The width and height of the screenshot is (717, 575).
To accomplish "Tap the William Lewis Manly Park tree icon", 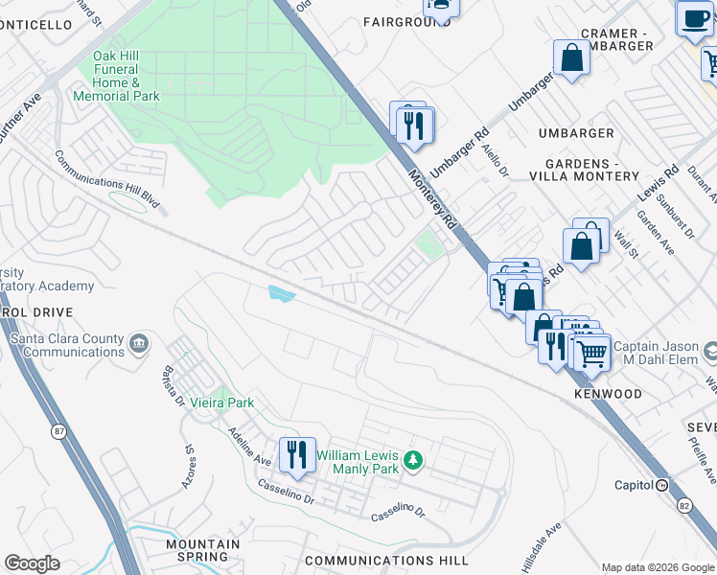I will point(413,461).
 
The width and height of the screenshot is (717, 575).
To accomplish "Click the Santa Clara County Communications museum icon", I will point(140,341).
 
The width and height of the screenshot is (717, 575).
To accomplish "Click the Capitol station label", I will point(634,485).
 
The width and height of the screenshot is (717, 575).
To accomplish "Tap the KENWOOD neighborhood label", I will point(608,394).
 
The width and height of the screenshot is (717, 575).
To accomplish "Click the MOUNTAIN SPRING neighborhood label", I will point(202,550).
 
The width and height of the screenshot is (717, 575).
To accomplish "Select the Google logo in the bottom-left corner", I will point(32,563).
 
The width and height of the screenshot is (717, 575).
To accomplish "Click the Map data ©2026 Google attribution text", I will point(657,567).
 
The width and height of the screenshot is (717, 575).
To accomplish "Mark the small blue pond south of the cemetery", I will point(283,294).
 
